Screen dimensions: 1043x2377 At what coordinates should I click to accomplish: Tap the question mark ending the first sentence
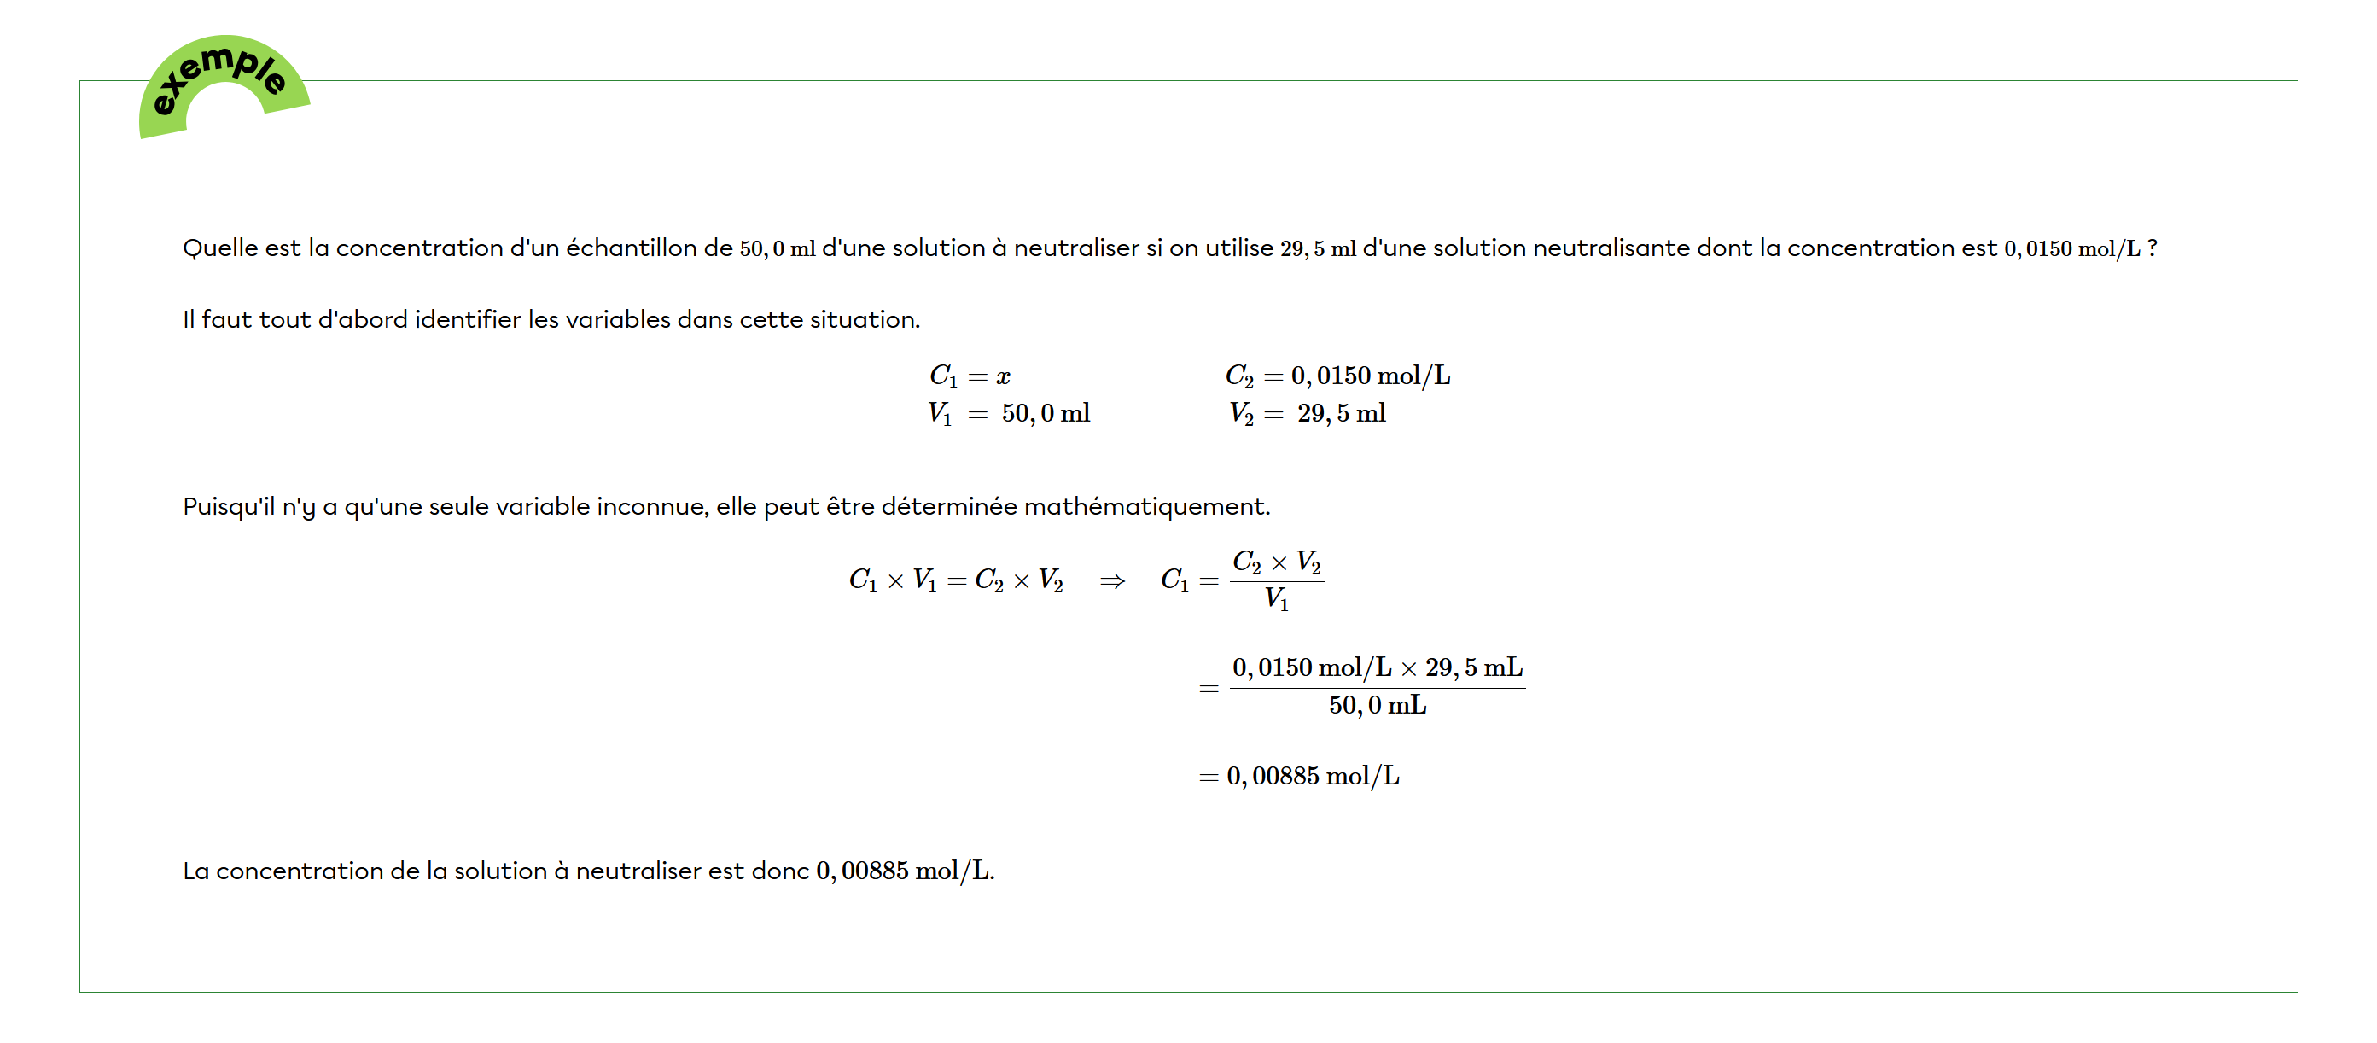(x=2152, y=248)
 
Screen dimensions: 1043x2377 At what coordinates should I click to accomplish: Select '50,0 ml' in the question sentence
(x=777, y=249)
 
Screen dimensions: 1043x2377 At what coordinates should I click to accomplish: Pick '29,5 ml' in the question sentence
(x=1318, y=249)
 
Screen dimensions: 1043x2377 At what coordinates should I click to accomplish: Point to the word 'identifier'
(x=467, y=319)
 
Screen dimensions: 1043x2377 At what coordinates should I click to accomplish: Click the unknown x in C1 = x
(x=1003, y=376)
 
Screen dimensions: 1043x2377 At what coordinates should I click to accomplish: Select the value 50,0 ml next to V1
(x=1046, y=413)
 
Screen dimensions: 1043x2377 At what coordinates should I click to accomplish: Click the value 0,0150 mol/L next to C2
(x=1370, y=376)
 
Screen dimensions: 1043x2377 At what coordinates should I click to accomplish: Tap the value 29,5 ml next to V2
(x=1341, y=413)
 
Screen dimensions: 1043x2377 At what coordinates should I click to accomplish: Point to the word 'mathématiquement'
(x=1145, y=507)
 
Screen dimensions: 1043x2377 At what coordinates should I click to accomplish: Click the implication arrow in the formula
(x=1112, y=580)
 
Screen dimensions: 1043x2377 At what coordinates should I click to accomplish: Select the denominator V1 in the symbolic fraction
(x=1276, y=600)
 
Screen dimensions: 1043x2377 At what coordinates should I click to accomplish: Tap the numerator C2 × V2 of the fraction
(x=1276, y=562)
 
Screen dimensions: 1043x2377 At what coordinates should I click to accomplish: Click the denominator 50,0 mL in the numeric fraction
(x=1377, y=706)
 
